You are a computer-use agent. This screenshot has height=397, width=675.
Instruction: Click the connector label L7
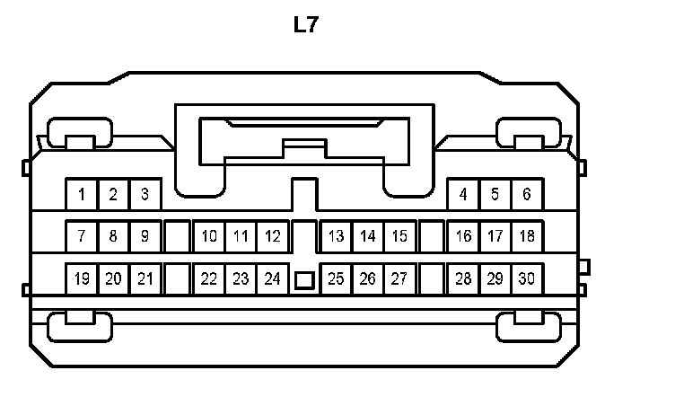point(305,25)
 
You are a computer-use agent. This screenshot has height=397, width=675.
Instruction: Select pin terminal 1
point(82,194)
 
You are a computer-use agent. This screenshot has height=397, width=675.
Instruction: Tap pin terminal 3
point(145,194)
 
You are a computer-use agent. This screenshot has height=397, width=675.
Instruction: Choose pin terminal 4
point(463,194)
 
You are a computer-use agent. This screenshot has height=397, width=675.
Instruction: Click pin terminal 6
point(527,194)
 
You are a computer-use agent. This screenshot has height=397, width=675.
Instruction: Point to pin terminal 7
point(82,237)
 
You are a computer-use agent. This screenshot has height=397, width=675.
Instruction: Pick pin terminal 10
point(209,237)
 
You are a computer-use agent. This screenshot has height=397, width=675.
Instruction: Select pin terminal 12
point(272,237)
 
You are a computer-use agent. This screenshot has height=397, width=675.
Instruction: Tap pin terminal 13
point(337,237)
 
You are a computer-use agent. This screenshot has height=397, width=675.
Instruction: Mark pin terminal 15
point(400,237)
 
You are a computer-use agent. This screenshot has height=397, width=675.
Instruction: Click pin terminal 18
point(527,237)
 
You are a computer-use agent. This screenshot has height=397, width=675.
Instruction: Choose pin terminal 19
point(82,279)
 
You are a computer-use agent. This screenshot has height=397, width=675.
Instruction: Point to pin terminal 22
point(209,279)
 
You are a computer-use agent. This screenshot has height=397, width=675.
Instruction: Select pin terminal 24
point(272,279)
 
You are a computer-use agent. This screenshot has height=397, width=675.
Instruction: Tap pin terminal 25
point(337,279)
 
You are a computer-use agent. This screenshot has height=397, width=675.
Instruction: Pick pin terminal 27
point(400,279)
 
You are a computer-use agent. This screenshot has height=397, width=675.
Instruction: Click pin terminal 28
point(463,279)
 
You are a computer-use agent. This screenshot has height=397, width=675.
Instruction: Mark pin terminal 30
point(527,279)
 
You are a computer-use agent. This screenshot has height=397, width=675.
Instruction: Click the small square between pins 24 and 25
point(304,280)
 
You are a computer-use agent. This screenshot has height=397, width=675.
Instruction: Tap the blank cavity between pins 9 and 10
point(177,237)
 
